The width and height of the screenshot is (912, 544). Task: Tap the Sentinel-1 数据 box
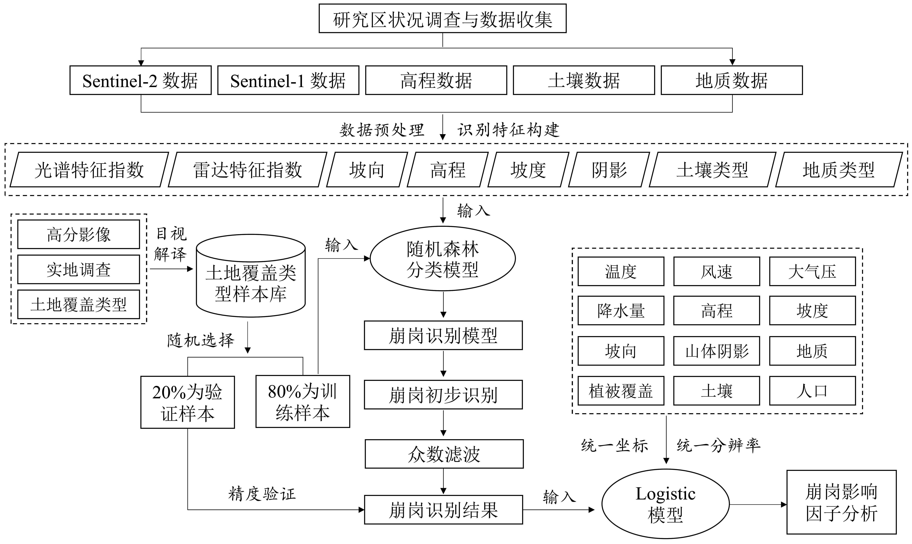[288, 80]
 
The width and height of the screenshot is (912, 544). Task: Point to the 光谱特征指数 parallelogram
[89, 170]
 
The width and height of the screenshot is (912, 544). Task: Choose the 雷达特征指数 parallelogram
[248, 170]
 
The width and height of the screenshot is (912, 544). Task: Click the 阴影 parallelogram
[609, 170]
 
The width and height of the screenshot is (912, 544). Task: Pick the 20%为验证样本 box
[188, 402]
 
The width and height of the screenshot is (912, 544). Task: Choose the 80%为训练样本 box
[303, 401]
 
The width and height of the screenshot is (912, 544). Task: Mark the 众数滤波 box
[444, 454]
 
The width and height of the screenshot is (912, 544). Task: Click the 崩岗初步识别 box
[443, 395]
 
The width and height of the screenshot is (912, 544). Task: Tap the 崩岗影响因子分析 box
[841, 502]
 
